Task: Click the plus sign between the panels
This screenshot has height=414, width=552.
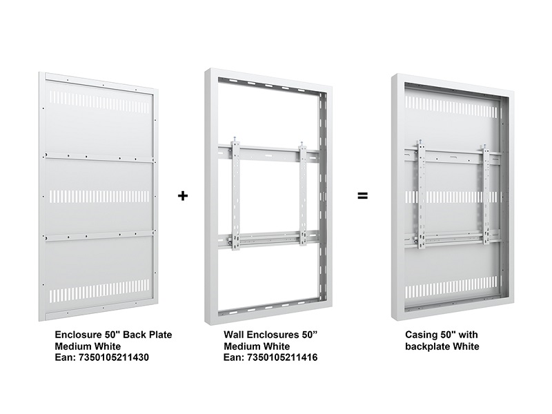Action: click(x=183, y=196)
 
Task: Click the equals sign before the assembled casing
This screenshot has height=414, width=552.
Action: click(x=363, y=196)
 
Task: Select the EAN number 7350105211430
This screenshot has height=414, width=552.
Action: click(x=114, y=357)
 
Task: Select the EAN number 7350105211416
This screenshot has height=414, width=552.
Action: click(x=282, y=357)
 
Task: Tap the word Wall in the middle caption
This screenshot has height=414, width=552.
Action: click(x=233, y=335)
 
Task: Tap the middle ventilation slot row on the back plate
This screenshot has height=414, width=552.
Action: click(x=99, y=197)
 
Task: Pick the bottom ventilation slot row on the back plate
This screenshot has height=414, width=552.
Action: click(x=99, y=291)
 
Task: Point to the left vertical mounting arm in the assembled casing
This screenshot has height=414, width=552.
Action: click(x=421, y=195)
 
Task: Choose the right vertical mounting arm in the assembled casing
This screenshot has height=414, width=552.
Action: click(x=486, y=195)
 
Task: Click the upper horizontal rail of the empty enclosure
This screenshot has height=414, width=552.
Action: click(x=268, y=153)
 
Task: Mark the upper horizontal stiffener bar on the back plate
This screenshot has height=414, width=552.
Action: click(x=99, y=157)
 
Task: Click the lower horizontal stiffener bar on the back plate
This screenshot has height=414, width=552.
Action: click(x=99, y=235)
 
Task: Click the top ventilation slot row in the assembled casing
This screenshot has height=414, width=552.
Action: click(x=451, y=107)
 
